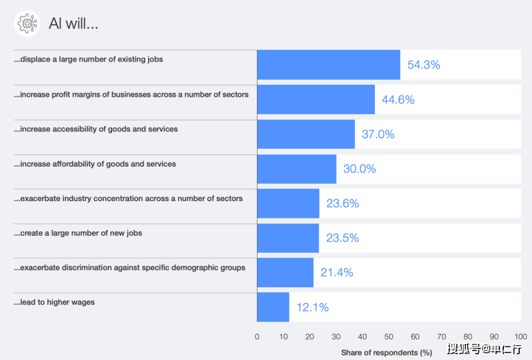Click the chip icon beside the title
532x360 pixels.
28,24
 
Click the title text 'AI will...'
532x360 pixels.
73,24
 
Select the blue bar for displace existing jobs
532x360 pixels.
328,65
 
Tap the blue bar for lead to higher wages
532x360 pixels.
273,307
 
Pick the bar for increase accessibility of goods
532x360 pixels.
306,134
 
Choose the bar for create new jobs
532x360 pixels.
288,238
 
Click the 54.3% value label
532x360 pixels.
424,65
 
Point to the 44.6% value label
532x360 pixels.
398,99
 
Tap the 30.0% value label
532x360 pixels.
360,169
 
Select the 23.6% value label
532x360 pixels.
342,204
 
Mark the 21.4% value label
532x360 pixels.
337,272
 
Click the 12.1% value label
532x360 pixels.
312,307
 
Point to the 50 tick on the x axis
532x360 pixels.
388,336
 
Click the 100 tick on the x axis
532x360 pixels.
520,336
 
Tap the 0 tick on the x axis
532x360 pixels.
257,336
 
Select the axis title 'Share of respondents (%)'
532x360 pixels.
387,352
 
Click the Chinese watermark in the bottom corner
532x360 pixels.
485,349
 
